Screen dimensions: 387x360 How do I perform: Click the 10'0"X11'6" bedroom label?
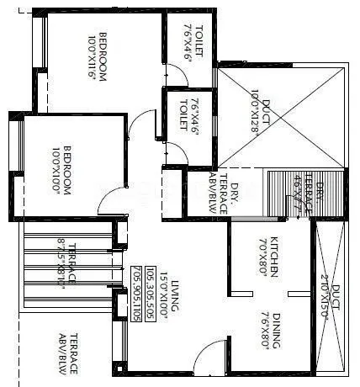(x=96, y=56)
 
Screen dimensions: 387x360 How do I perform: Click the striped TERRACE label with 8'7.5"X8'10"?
(x=67, y=263)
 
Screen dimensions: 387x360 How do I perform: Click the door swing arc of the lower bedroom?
(x=109, y=202)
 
